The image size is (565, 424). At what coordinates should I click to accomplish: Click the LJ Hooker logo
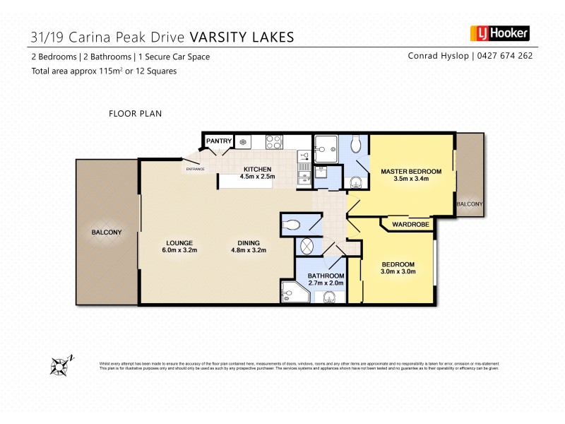499,33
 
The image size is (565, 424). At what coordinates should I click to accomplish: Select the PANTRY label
219,141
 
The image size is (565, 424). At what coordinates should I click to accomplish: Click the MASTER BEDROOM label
410,172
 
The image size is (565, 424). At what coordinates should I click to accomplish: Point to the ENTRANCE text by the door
196,170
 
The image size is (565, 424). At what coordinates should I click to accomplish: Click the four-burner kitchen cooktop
274,142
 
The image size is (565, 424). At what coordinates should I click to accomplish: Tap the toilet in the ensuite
356,145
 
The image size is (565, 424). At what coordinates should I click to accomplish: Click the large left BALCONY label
106,232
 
